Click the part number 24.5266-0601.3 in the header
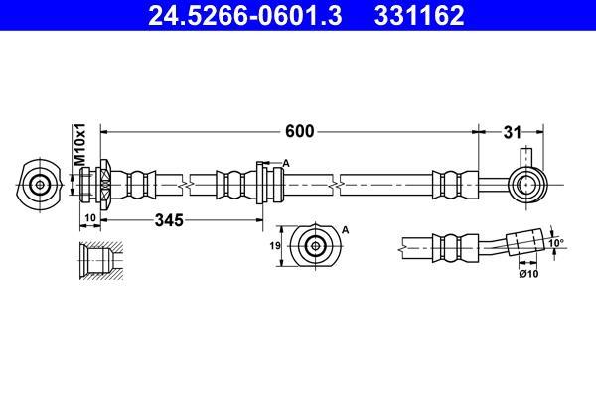pyautogui.click(x=244, y=16)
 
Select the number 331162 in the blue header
pyautogui.click(x=419, y=16)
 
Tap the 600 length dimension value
pyautogui.click(x=300, y=131)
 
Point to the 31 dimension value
pyautogui.click(x=512, y=133)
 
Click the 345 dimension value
pyautogui.click(x=169, y=220)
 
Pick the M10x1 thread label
pyautogui.click(x=80, y=144)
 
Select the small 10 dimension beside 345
pyautogui.click(x=90, y=218)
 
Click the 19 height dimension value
pyautogui.click(x=275, y=246)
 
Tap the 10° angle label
pyautogui.click(x=557, y=243)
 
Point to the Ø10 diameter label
pyautogui.click(x=529, y=274)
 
